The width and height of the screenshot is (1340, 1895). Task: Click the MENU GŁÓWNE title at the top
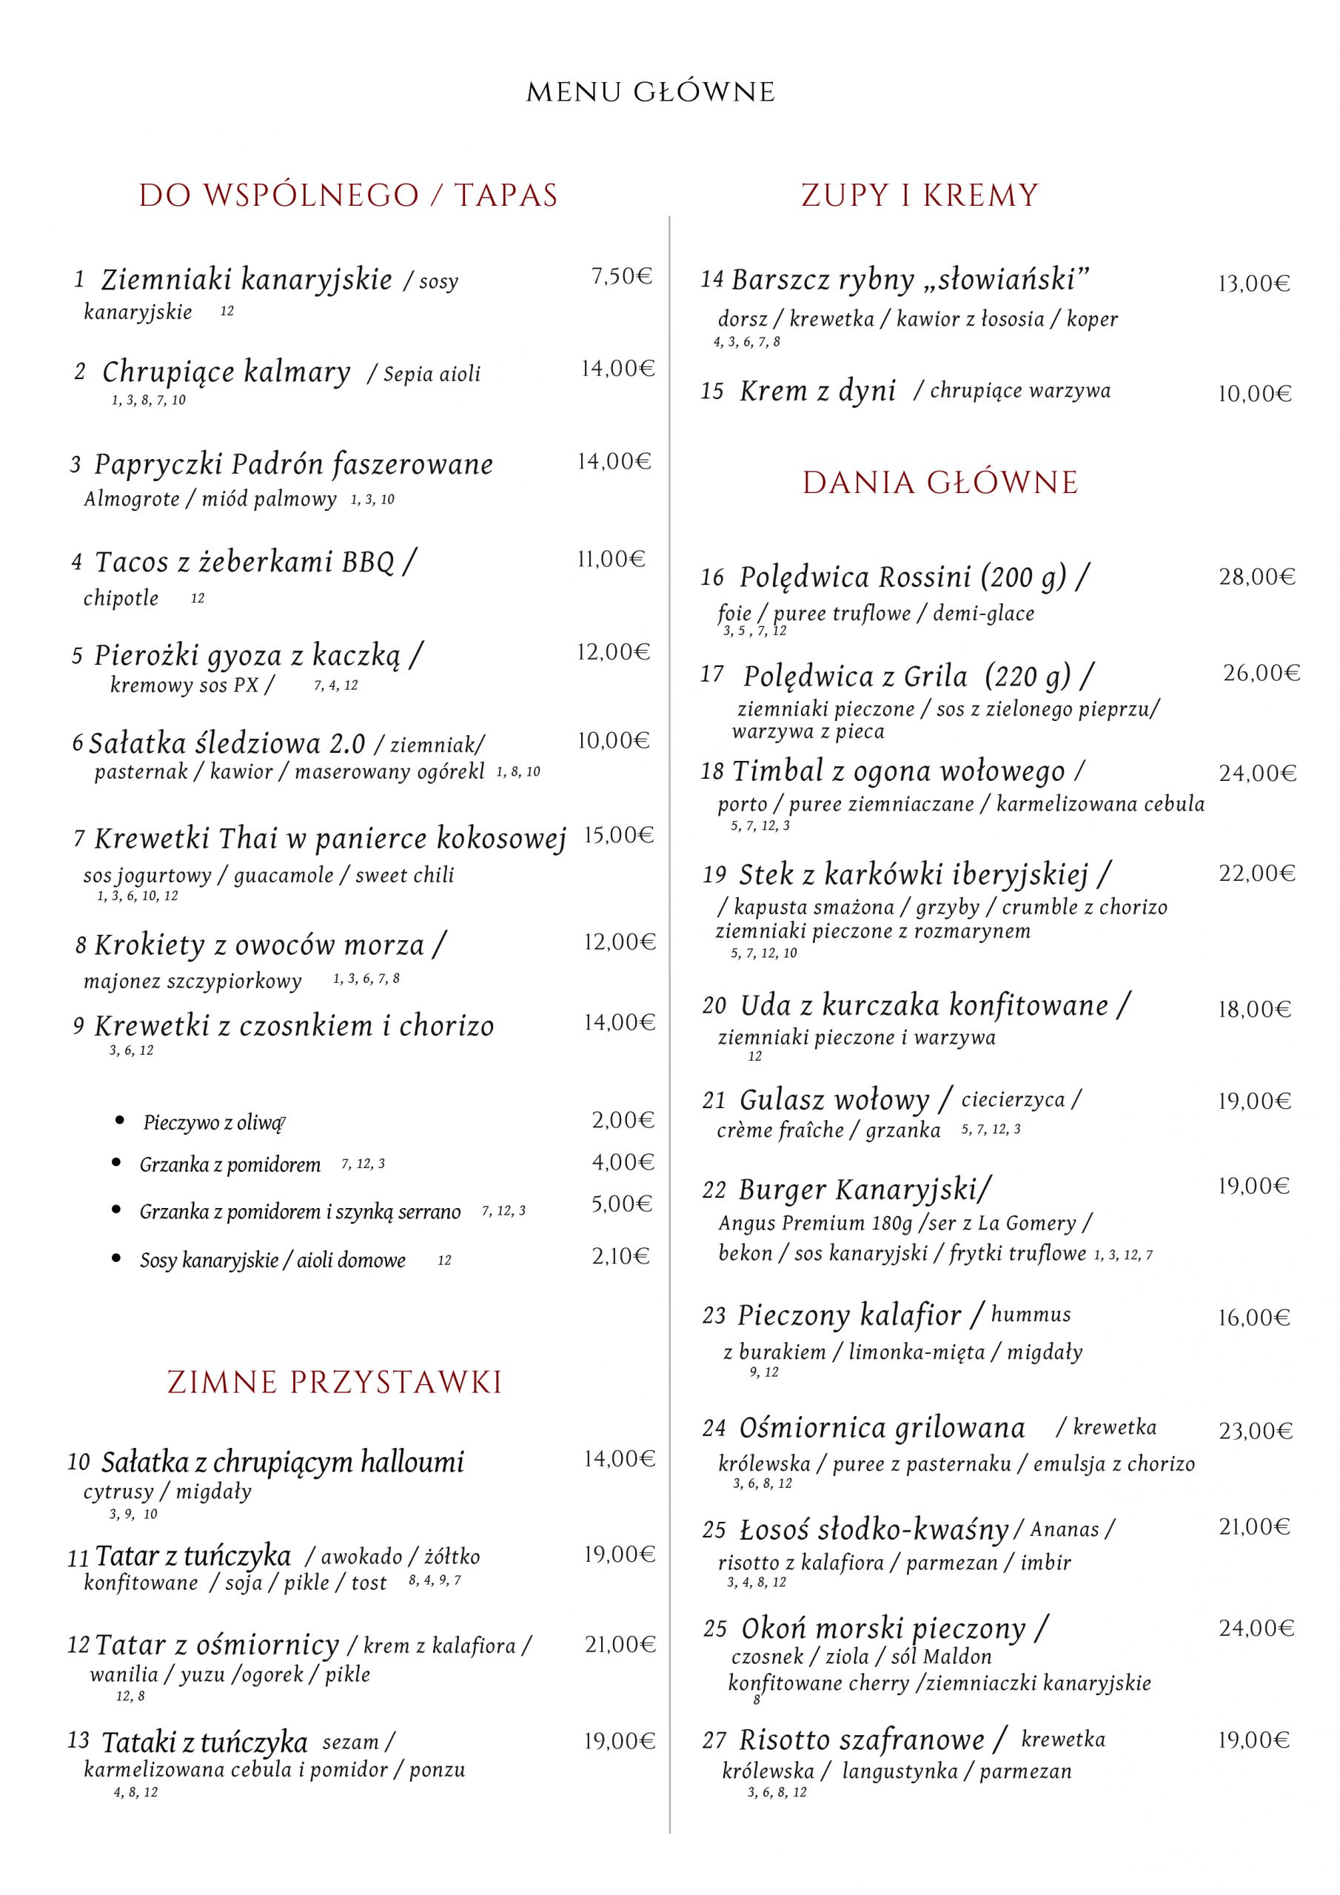pyautogui.click(x=651, y=93)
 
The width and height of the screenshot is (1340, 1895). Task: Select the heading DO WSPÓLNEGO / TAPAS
pyautogui.click(x=349, y=195)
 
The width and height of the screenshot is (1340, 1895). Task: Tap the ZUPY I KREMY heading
pyautogui.click(x=919, y=195)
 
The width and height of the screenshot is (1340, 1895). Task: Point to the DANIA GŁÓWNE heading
pyautogui.click(x=940, y=483)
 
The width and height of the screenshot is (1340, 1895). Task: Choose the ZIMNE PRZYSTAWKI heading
pyautogui.click(x=335, y=1381)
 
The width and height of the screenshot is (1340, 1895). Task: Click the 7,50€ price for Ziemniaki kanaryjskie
pyautogui.click(x=621, y=277)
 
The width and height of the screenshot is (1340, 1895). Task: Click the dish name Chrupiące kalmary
pyautogui.click(x=227, y=372)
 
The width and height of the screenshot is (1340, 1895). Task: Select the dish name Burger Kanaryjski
pyautogui.click(x=865, y=1190)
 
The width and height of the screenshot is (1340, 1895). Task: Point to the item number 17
pyautogui.click(x=711, y=674)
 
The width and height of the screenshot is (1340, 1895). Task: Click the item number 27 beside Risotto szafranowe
pyautogui.click(x=714, y=1740)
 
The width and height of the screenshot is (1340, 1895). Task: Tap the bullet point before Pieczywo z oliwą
pyautogui.click(x=121, y=1120)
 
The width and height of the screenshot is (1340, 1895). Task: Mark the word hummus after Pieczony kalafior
pyautogui.click(x=1031, y=1314)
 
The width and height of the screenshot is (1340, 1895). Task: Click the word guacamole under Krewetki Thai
pyautogui.click(x=284, y=875)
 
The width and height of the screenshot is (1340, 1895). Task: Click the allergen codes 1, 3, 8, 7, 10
pyautogui.click(x=149, y=400)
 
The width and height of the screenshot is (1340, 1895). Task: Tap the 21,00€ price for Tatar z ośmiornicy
pyautogui.click(x=620, y=1645)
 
